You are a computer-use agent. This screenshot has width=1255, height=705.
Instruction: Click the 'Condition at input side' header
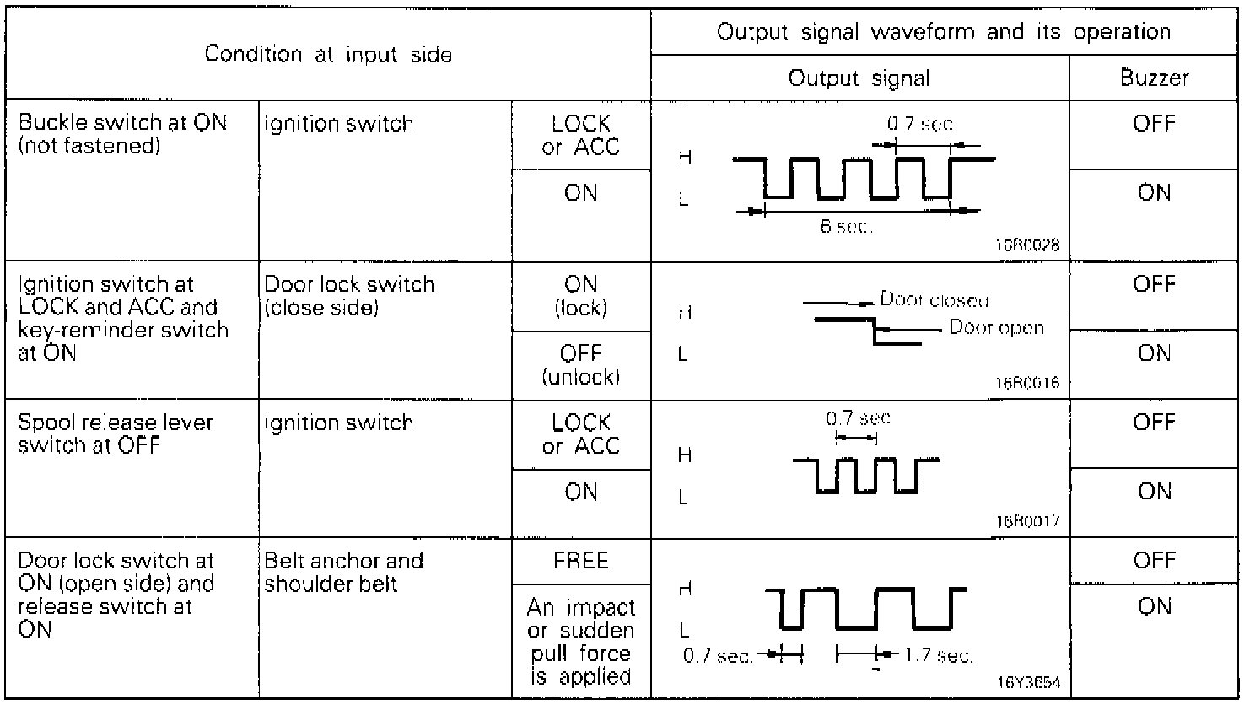[328, 55]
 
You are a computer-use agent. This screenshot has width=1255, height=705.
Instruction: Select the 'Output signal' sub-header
[859, 78]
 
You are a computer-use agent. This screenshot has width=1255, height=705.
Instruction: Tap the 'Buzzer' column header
[1154, 78]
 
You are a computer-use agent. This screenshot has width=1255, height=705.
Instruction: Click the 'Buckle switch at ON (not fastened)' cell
[123, 134]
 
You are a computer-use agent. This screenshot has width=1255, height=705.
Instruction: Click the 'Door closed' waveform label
[935, 299]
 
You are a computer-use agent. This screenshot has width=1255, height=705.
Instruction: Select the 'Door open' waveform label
[996, 327]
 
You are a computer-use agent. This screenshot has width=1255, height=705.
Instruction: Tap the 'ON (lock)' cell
[581, 296]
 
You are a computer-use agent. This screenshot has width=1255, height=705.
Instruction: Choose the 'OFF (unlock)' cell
[581, 365]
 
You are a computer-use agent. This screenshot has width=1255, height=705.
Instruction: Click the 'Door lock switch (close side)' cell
[349, 296]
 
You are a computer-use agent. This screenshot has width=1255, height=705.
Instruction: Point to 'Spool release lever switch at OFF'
[116, 433]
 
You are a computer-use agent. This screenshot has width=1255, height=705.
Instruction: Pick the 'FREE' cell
[581, 561]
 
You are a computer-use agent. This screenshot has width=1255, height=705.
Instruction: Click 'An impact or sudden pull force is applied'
[581, 642]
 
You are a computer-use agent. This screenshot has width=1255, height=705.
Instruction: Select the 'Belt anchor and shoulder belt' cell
[343, 573]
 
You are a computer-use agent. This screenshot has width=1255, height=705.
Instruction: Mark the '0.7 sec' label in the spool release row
[858, 417]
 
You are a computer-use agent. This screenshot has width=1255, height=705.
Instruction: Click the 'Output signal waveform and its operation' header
[943, 33]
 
